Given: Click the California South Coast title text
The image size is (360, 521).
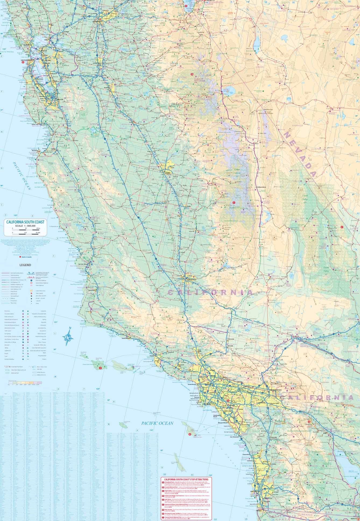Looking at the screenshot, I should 24,222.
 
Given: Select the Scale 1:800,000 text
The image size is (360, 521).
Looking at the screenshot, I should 24,226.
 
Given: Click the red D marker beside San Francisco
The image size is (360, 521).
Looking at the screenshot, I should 23,62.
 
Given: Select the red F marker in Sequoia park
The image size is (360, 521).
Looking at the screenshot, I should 234,202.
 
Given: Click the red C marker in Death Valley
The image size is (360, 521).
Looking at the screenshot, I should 342,227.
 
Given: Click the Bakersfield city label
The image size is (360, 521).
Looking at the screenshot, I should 190,280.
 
